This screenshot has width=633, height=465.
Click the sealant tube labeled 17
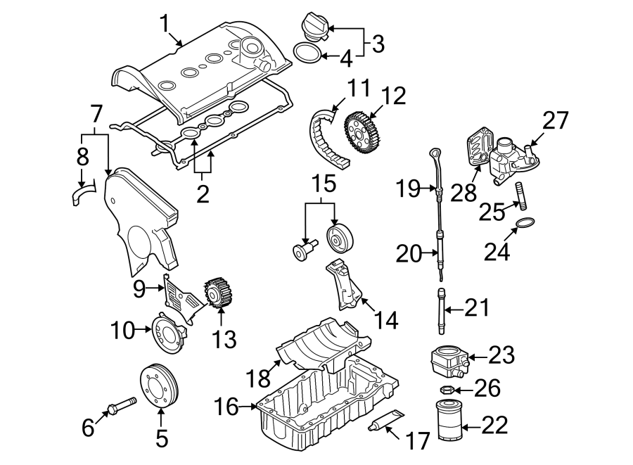[x=386, y=420]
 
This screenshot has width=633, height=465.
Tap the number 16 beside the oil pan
[x=226, y=407]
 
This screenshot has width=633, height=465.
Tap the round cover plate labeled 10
[x=167, y=336]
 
